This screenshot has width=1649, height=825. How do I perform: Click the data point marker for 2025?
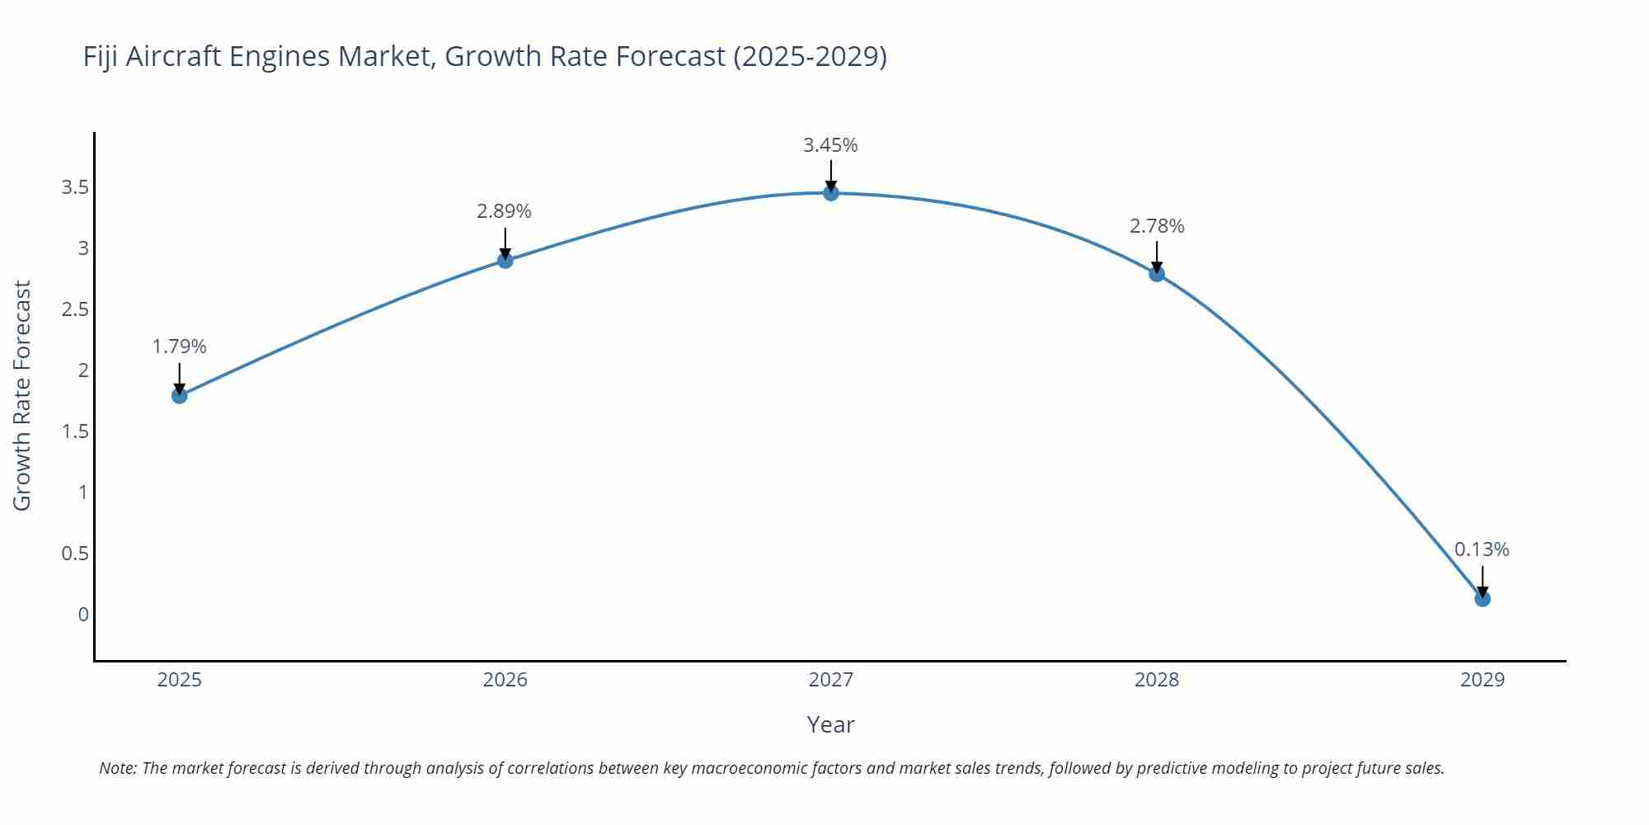coord(180,396)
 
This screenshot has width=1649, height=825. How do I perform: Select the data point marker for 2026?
coord(505,261)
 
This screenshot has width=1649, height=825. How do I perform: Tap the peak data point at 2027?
coord(831,193)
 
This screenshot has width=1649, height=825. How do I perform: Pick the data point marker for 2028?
coord(1157,274)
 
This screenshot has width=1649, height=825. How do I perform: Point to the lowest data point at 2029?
coord(1482,599)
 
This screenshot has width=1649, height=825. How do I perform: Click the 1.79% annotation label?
coord(180,346)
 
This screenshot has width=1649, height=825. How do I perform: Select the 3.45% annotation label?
coord(831,145)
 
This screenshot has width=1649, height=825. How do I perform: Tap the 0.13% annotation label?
coord(1482,549)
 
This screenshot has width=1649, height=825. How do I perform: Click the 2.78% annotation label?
coord(1157,226)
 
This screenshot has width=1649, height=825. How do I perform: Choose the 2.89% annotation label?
coord(505,211)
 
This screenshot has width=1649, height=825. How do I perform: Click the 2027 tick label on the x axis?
coord(831,680)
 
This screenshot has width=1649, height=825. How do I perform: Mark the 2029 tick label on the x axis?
coord(1482,680)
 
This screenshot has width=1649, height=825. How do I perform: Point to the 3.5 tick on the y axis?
coord(75,187)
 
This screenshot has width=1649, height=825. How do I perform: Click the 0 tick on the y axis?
coord(83,615)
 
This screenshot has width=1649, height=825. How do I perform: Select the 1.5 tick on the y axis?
coord(75,431)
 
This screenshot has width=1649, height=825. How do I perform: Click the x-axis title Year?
coord(830,724)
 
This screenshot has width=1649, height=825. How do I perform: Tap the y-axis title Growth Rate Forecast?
coord(22,396)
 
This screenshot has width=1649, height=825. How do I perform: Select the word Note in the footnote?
coord(117,768)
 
